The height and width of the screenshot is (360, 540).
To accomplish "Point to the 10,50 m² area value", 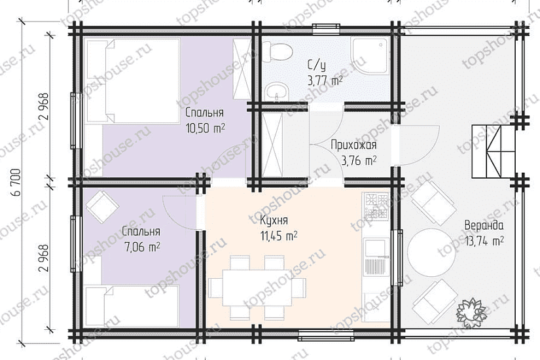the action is click(x=205, y=128).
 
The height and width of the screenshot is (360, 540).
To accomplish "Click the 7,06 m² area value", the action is click(x=141, y=247).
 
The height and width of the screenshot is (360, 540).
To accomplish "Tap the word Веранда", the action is click(x=484, y=226).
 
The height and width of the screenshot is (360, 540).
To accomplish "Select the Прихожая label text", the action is click(x=353, y=145).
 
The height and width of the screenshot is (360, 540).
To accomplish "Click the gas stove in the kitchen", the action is click(x=376, y=206).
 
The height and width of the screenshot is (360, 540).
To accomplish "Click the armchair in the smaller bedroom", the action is click(x=103, y=207).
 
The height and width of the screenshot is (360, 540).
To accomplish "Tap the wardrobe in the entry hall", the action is click(x=272, y=145).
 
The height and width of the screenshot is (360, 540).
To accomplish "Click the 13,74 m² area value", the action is click(x=484, y=241).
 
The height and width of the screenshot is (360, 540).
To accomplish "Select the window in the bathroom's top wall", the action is click(x=327, y=29).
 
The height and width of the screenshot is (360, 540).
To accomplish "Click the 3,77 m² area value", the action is click(x=325, y=81).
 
